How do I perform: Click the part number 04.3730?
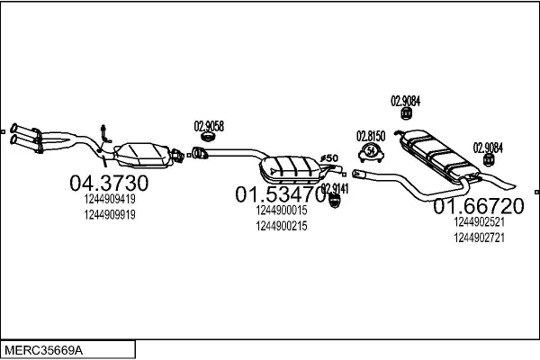(x=108, y=183)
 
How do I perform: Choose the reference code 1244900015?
(x=282, y=211)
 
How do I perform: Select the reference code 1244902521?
(x=479, y=221)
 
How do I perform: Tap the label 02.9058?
(x=209, y=125)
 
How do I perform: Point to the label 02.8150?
(x=371, y=135)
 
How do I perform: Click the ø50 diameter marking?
(x=330, y=158)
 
